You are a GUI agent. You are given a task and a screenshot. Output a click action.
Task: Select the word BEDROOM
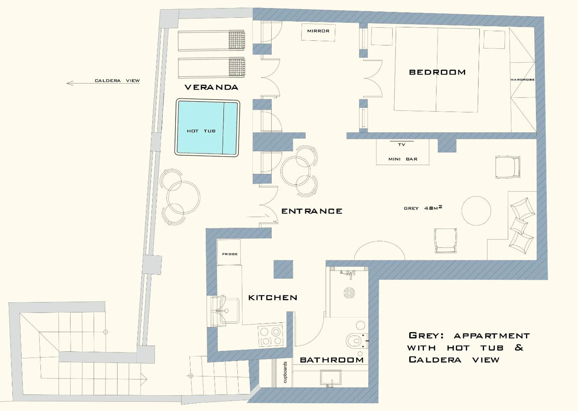click(x=437, y=72)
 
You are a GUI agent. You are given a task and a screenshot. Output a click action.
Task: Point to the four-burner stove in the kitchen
click(x=271, y=336)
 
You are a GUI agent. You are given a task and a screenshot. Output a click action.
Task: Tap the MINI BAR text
click(x=402, y=159)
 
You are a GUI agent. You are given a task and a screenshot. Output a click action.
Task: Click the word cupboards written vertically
click(x=285, y=372)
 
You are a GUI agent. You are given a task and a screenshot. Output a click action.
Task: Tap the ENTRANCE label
click(x=311, y=211)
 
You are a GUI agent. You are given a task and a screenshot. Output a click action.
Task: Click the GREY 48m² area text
click(x=422, y=208)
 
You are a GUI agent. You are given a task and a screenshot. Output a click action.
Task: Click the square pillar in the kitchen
click(x=283, y=269)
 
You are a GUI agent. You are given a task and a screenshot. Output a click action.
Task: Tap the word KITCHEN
click(x=272, y=298)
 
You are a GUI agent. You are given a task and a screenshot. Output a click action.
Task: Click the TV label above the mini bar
click(x=401, y=145)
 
